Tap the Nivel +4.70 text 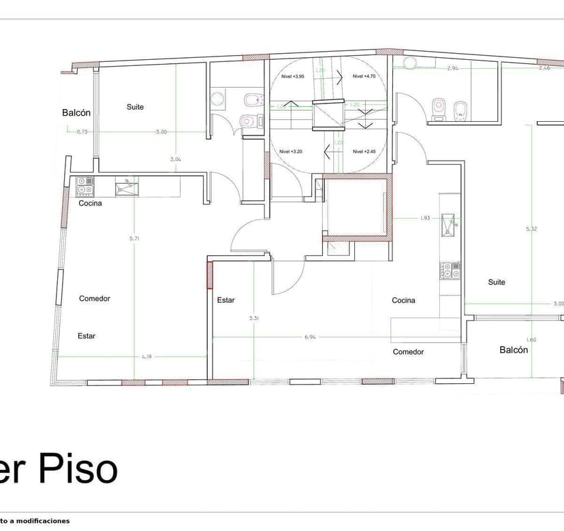(x=364, y=77)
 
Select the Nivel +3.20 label (x=291, y=151)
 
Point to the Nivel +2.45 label (x=364, y=151)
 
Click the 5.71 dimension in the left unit (x=134, y=239)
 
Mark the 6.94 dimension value (x=310, y=337)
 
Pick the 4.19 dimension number (x=146, y=356)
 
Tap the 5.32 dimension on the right (x=531, y=229)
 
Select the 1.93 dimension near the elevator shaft (x=424, y=219)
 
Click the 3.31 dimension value (x=254, y=318)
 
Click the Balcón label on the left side (x=76, y=113)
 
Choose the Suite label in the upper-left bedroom (x=136, y=107)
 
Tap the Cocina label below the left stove (x=91, y=204)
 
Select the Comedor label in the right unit (x=408, y=352)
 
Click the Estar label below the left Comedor (x=87, y=336)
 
